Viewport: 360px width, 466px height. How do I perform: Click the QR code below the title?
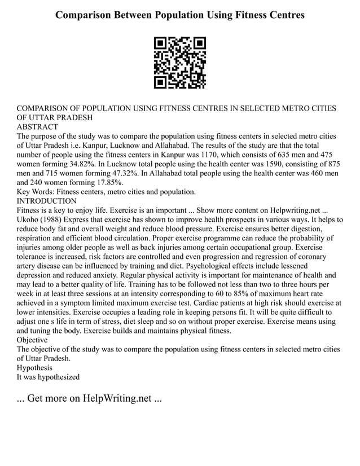pos(180,63)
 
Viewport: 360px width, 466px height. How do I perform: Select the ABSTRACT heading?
pos(37,127)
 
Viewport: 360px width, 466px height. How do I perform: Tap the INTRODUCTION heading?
pos(47,201)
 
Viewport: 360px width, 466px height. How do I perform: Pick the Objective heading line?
pos(33,340)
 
